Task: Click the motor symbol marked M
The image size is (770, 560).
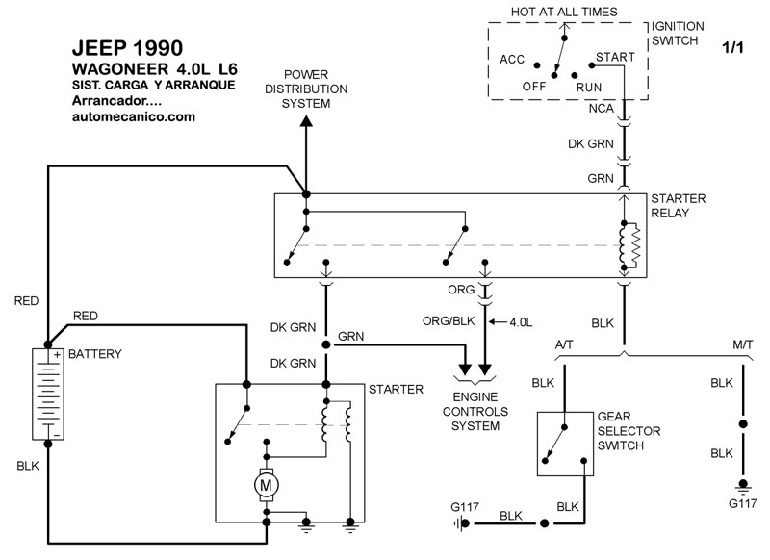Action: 265,484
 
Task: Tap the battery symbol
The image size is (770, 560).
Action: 46,394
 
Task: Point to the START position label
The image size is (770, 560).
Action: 615,57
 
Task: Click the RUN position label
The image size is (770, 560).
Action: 589,87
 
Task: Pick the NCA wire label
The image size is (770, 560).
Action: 603,109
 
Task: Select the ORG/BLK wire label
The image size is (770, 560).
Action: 449,320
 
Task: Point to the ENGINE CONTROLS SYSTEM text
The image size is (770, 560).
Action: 477,412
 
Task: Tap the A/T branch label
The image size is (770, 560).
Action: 567,344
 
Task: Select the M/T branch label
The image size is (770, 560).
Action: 741,344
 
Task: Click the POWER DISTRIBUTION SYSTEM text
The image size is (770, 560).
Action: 306,89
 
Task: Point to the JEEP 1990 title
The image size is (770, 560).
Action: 125,47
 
